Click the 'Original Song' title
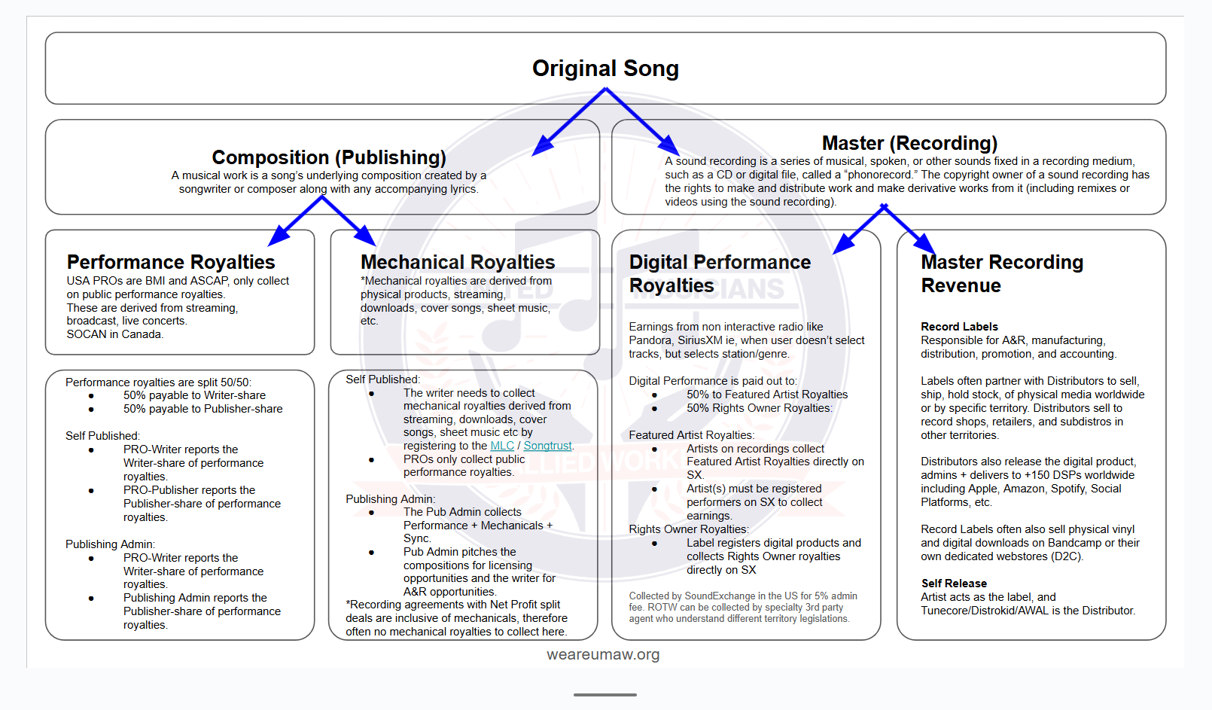coord(605,69)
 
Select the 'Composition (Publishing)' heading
coord(329,157)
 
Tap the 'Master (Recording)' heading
coord(909,143)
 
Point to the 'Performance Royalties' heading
coord(171,262)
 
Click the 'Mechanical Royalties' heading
coord(458,262)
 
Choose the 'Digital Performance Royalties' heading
coord(720,273)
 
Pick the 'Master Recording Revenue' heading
coord(1001,273)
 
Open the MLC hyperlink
coord(502,446)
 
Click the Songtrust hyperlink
coord(547,446)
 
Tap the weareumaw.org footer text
coord(603,654)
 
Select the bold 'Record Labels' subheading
coord(959,327)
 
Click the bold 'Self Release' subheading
coord(954,584)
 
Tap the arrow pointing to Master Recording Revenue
coord(909,229)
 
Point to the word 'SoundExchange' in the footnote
coord(720,596)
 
